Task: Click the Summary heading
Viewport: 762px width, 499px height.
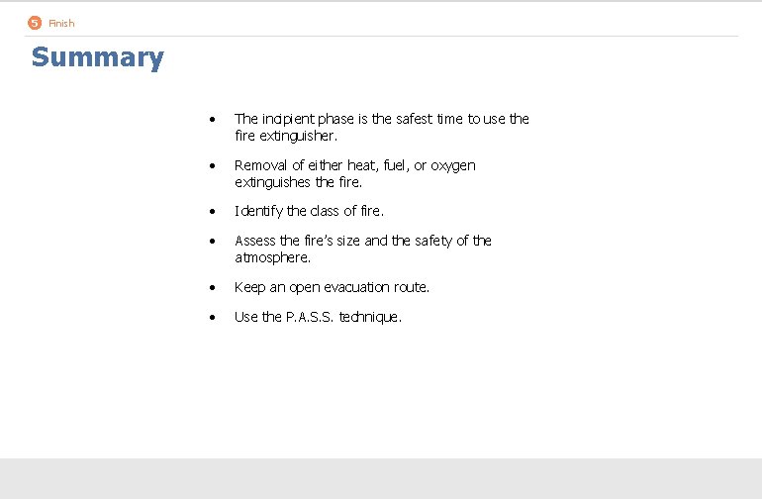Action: tap(97, 57)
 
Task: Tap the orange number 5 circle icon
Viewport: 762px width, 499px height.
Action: tap(35, 23)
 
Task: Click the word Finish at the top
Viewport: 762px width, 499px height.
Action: tap(61, 23)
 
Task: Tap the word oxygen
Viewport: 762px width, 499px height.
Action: tap(453, 165)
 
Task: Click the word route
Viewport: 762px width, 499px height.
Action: tap(410, 287)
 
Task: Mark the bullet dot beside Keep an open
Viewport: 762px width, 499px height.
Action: tap(214, 288)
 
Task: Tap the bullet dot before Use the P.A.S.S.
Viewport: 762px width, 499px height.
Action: tap(214, 318)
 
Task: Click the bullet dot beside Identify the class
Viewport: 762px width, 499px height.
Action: tap(214, 212)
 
